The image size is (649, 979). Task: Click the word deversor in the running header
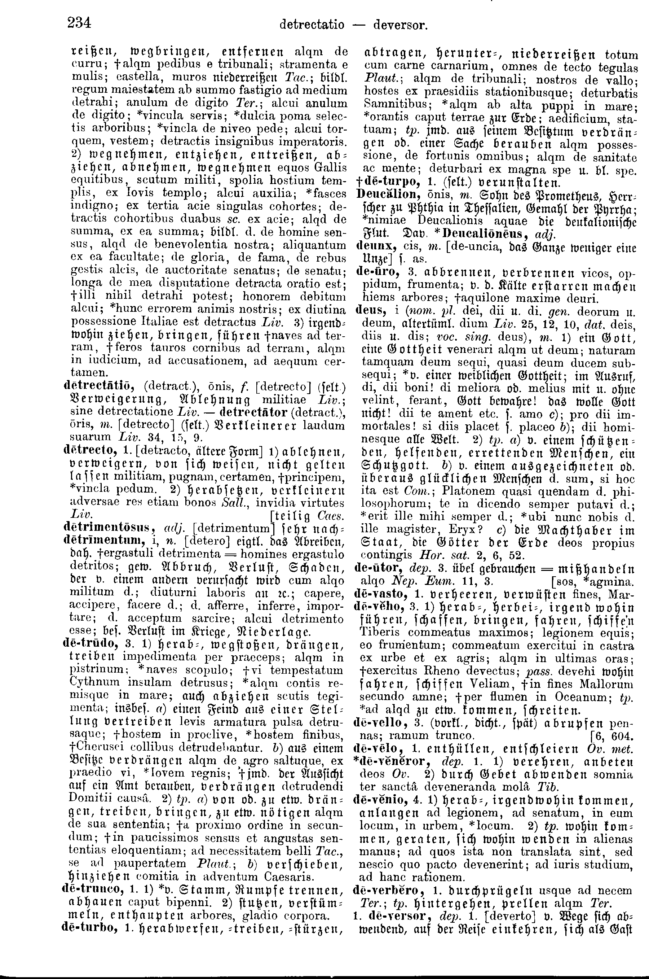click(399, 25)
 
